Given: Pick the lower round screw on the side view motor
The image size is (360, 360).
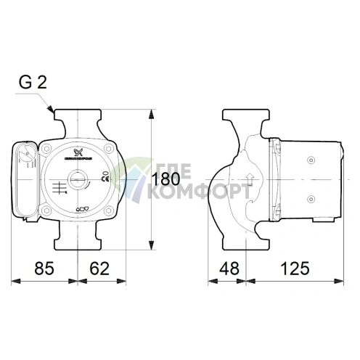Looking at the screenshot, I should (x=310, y=197).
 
